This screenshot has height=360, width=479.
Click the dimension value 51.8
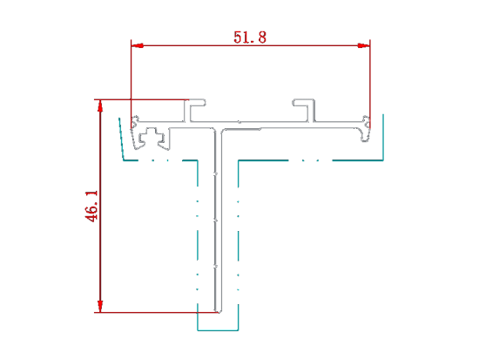[250, 37]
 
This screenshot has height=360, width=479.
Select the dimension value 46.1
[91, 207]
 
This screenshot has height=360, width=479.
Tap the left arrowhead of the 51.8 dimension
[138, 45]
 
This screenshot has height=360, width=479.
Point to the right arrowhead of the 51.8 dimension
[363, 45]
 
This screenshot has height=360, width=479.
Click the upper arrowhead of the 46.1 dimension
[100, 105]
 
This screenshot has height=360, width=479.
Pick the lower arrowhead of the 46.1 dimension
[100, 307]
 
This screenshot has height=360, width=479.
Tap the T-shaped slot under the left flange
[152, 137]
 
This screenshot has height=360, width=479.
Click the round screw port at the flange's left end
[135, 121]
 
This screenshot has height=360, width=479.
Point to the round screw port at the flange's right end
[366, 121]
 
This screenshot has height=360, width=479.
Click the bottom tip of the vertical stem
[218, 312]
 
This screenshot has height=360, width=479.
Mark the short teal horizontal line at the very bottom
[218, 330]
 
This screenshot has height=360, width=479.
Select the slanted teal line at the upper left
[121, 139]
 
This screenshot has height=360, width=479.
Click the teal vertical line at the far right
[383, 137]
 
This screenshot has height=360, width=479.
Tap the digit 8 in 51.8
[262, 37]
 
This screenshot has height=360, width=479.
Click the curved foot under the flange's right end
[364, 134]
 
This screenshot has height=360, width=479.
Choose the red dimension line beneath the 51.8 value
[251, 45]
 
